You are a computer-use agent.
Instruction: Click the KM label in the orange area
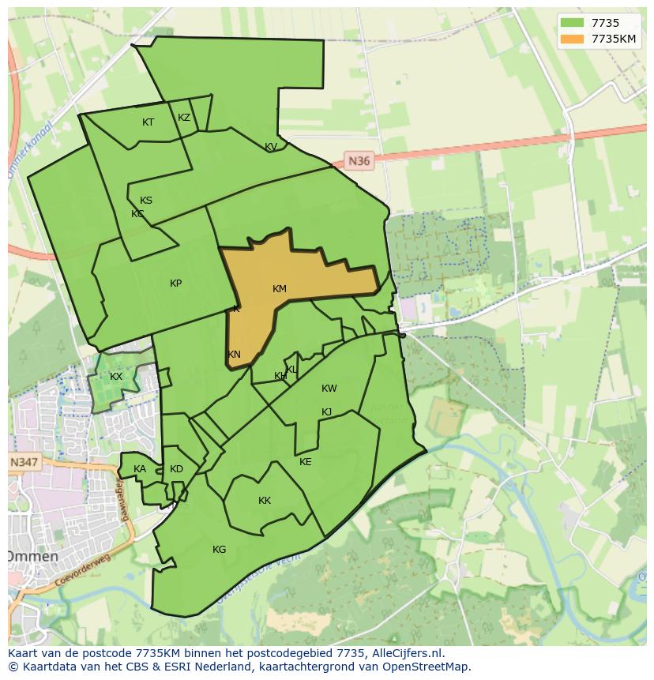(279, 289)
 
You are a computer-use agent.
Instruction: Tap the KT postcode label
(148, 122)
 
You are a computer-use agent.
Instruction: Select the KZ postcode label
(184, 118)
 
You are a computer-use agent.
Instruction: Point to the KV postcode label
(271, 147)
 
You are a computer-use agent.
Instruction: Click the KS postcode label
(146, 201)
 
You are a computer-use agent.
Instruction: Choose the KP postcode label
(175, 284)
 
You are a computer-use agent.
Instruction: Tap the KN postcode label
(234, 355)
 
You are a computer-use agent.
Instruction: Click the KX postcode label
(116, 377)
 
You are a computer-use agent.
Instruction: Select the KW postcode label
(329, 389)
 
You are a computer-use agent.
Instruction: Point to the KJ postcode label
(326, 412)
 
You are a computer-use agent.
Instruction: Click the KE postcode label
(306, 462)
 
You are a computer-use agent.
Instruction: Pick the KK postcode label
(265, 501)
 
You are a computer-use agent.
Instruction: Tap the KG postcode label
(219, 550)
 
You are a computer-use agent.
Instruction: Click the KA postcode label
(140, 469)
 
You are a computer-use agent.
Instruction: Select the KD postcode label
(176, 469)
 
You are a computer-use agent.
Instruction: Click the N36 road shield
(359, 161)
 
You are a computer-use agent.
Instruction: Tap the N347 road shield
(24, 462)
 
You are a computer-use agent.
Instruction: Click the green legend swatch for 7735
(572, 23)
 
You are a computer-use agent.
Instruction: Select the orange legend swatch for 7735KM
(572, 39)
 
